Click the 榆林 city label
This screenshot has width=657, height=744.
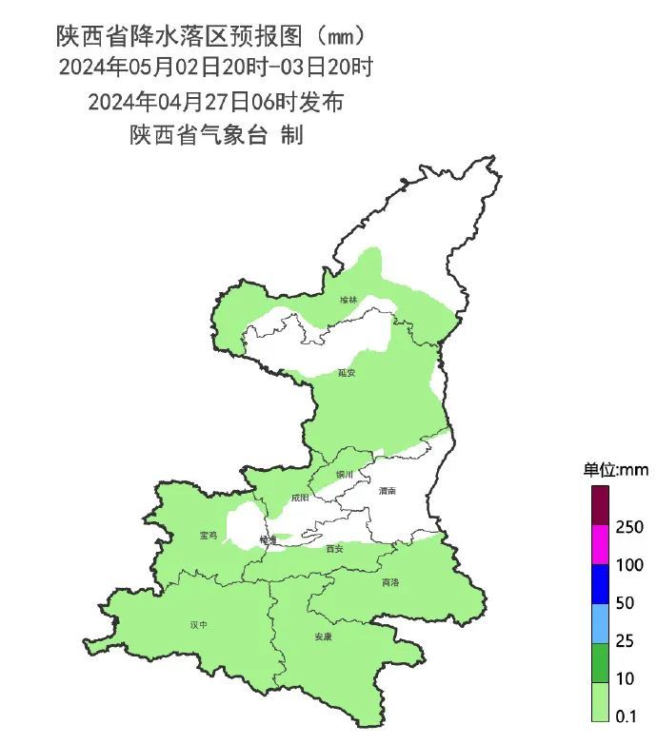pos(349,300)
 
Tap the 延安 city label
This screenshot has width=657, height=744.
pos(347,373)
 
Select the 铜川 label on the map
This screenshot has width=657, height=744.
pos(345,474)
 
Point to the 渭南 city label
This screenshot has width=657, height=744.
pos(387,491)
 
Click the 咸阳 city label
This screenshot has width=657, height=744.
pos(300,497)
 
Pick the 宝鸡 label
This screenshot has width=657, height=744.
pos(208,536)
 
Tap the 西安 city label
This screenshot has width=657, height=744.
pos(333,549)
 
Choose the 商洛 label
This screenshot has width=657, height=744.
pos(390,582)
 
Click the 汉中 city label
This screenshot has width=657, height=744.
pos(198,625)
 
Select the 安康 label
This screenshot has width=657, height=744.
pos(324,636)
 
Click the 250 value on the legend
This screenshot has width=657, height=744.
pos(630,527)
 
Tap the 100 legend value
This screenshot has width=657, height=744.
pos(630,565)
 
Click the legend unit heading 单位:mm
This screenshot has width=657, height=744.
pos(615,470)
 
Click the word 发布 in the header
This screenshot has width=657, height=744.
pos(323,102)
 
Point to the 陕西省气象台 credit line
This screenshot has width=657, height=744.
pos(198,135)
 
